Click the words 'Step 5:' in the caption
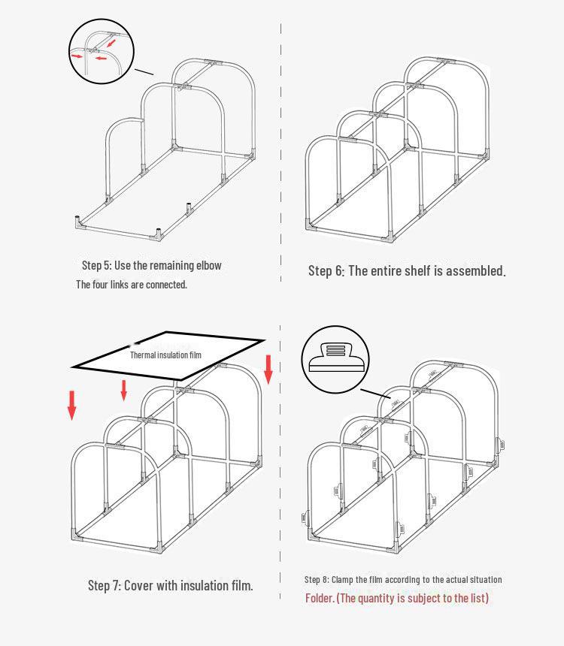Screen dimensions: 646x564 click(x=96, y=265)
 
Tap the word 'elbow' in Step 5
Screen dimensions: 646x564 click(x=208, y=265)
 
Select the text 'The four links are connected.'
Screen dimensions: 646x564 click(x=132, y=285)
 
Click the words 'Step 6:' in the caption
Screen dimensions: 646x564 click(x=326, y=271)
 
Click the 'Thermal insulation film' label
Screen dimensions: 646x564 click(x=165, y=355)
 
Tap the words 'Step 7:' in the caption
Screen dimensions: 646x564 click(x=104, y=585)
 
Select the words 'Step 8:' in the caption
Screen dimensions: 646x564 click(x=316, y=579)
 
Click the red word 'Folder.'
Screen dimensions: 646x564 click(x=320, y=598)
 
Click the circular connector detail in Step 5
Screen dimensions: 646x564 click(x=100, y=50)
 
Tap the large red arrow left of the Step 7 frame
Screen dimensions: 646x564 click(x=72, y=404)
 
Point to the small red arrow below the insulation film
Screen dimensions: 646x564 click(x=124, y=389)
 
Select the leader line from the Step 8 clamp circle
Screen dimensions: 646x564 click(x=375, y=392)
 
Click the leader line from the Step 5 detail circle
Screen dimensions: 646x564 click(x=144, y=73)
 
